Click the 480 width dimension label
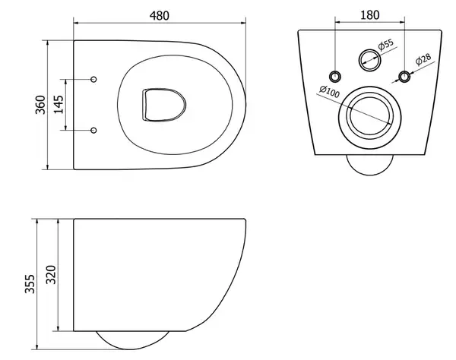(159, 16)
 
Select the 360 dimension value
(40, 105)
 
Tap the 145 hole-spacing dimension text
(59, 105)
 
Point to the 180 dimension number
(369, 15)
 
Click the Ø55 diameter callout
(386, 45)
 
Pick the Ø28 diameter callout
(423, 59)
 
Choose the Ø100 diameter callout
(330, 92)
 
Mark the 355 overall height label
(30, 284)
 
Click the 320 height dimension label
(51, 275)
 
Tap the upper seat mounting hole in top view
(93, 79)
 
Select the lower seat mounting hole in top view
(93, 130)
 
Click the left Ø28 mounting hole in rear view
(335, 77)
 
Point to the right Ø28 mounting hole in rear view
(404, 77)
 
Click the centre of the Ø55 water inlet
(369, 60)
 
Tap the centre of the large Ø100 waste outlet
(369, 118)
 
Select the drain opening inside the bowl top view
(164, 105)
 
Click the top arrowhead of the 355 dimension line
(37, 222)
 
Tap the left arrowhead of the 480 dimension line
(77, 22)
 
